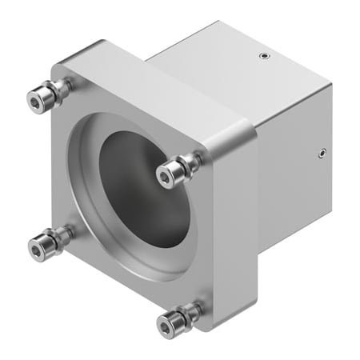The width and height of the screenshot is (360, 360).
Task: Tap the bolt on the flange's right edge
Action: [x=172, y=170]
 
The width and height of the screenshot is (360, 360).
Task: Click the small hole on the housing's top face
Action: [x=263, y=56]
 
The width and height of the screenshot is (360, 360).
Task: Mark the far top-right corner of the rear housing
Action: [x=330, y=82]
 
